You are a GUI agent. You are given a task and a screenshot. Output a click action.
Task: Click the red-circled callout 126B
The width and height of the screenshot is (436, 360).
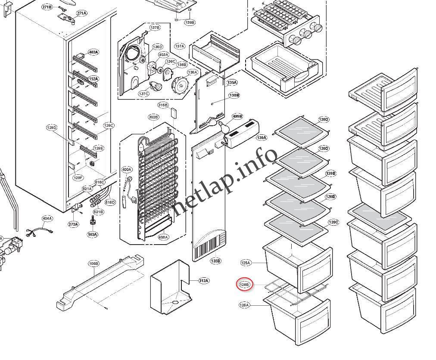tap(245, 284)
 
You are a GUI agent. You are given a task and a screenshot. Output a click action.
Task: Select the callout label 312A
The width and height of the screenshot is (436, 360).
tap(203, 281)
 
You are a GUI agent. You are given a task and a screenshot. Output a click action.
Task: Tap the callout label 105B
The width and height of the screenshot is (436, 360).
tap(93, 263)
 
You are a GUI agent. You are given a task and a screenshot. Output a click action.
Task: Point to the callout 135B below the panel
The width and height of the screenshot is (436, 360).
tap(215, 261)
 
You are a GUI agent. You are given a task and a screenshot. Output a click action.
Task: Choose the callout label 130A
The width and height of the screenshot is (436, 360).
tap(262, 138)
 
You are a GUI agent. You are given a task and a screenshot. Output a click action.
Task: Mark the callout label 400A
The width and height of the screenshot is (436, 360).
tap(127, 170)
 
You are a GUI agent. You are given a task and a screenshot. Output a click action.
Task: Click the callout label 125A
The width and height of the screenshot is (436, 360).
tap(246, 262)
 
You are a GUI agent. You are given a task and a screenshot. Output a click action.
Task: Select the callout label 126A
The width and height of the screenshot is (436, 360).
tap(244, 305)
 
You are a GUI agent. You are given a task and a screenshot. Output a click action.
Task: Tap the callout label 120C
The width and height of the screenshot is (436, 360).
tap(333, 222)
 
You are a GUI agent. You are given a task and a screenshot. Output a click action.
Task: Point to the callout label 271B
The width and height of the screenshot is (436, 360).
tap(47, 7)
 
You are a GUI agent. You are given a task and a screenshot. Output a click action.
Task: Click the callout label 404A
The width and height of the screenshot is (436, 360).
tap(47, 218)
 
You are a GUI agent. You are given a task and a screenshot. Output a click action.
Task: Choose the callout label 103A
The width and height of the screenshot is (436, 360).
tap(92, 235)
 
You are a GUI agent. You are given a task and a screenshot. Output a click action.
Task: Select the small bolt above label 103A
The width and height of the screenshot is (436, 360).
tap(92, 221)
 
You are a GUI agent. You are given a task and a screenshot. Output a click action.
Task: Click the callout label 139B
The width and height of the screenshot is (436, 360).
tap(190, 22)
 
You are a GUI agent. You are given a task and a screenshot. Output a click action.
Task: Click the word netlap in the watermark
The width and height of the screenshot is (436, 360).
tap(198, 194)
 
